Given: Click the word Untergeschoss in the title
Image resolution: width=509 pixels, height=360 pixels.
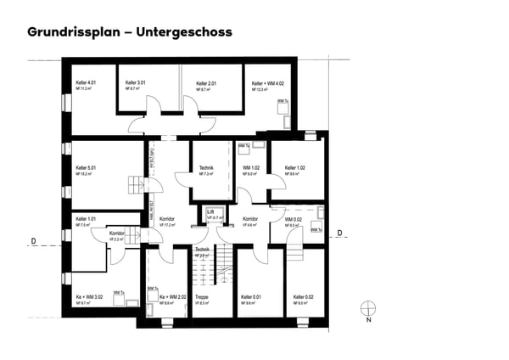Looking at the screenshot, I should (183, 32).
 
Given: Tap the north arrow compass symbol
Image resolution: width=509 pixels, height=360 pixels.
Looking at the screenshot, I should (368, 308).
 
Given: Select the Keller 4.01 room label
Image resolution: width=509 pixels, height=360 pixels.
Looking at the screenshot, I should (87, 82).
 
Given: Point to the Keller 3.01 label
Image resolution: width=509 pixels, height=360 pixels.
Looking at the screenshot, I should (135, 82).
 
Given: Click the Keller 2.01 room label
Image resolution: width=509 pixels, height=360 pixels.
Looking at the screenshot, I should (206, 82).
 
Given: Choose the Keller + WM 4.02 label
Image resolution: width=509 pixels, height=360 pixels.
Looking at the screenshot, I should (266, 82).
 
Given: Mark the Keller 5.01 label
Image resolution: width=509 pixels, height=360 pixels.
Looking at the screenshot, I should (87, 168).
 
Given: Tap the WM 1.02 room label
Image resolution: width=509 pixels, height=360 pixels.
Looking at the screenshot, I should (250, 168).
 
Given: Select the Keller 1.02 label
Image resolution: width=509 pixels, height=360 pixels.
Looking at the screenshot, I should (294, 168).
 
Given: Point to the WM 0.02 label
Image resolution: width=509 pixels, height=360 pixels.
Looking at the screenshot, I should (292, 218).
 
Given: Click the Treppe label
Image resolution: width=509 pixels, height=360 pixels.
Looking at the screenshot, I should (202, 296).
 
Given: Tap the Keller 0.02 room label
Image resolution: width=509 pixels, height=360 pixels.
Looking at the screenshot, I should (303, 296).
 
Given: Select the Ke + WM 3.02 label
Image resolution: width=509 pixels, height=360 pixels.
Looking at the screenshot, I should (89, 296).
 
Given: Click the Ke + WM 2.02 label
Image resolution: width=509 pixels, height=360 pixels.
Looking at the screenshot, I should (172, 296).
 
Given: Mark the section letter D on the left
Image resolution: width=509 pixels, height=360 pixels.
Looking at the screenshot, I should (33, 241).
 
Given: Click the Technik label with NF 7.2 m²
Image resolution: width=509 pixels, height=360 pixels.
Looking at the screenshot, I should (206, 168).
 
